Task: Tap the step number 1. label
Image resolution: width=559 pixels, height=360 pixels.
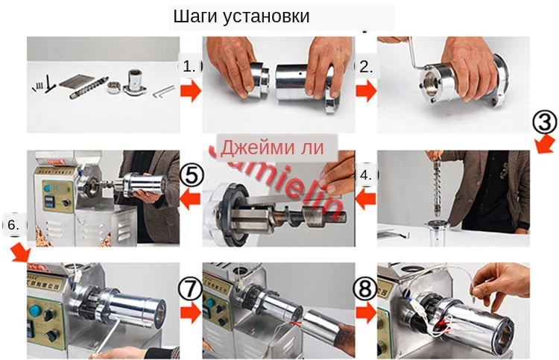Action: (x=190, y=66)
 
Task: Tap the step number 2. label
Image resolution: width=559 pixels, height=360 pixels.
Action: (x=366, y=66)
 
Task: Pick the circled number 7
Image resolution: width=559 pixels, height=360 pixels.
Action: (x=190, y=287)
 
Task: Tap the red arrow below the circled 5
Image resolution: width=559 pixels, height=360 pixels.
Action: (x=191, y=199)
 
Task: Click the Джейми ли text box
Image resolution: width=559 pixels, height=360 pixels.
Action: (x=274, y=146)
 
